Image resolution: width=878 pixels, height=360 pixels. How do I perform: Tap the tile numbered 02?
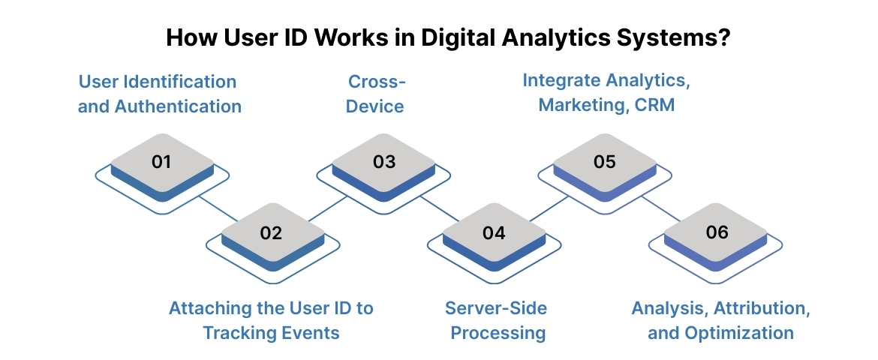272,233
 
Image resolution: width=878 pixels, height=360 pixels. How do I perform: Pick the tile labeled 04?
494,233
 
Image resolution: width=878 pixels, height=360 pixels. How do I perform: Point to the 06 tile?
716,233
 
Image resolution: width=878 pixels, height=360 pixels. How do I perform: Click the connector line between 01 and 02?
218,208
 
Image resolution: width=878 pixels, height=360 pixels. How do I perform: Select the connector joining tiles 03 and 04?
439,208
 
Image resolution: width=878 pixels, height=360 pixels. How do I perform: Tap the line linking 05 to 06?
661,208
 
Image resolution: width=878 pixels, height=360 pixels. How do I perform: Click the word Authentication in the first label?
179,106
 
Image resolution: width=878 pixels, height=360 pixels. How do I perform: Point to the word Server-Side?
496,308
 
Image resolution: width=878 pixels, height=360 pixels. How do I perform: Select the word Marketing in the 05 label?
579,105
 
